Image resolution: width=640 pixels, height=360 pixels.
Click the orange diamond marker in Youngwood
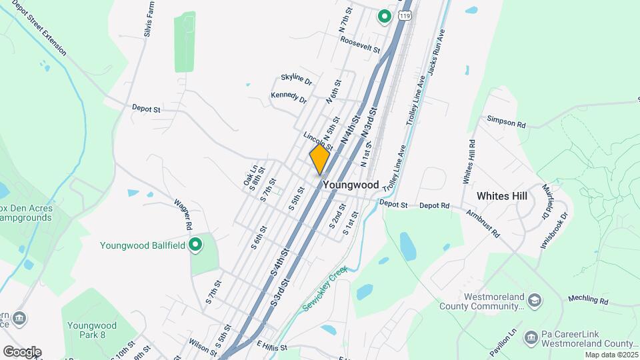coord(319,160)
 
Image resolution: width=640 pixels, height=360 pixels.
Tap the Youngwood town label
coord(351,185)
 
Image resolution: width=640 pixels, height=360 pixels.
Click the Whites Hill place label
coord(502,196)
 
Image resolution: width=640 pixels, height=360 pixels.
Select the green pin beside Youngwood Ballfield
coord(195,245)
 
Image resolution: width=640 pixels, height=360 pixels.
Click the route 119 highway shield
coord(404,13)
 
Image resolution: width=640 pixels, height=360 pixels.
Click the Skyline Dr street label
coord(297,81)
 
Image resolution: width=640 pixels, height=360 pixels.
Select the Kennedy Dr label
coord(289,98)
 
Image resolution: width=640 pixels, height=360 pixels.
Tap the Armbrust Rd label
coord(483,224)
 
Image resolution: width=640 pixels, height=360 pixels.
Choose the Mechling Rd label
coord(589,301)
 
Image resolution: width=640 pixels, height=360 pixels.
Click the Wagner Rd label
coord(183,211)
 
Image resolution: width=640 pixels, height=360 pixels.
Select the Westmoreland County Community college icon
coord(534,301)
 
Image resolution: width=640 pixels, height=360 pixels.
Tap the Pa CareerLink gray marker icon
coord(530,336)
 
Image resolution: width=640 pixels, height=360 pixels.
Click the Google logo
coord(21,352)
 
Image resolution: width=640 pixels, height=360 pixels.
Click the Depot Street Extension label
coord(39,27)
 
